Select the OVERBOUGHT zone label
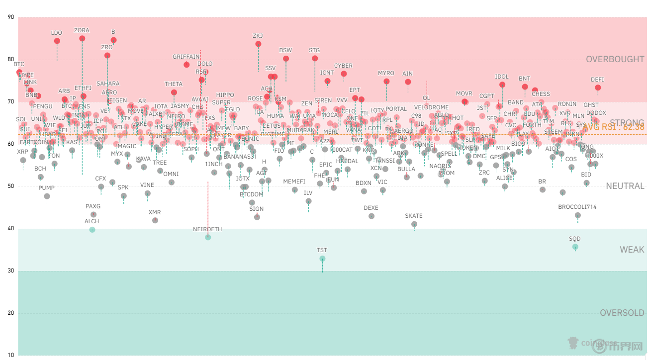615,59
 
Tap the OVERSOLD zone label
622,313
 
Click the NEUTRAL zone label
625,186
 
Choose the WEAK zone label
632,250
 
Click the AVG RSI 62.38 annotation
613,127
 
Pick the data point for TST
322,259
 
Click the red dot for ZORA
82,38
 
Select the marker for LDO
57,41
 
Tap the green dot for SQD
575,247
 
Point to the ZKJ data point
258,44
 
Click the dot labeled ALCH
92,230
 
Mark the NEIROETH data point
208,237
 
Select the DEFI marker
598,88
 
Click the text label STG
314,50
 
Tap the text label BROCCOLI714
577,207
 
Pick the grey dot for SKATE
414,224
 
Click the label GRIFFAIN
186,57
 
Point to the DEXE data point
371,216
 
